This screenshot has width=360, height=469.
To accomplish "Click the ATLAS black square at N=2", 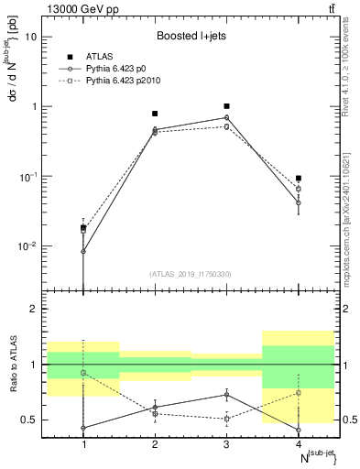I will click(x=155, y=114).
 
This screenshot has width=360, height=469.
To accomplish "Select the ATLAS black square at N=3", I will click(x=227, y=106).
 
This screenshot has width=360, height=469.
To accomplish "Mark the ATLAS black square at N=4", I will click(x=299, y=178).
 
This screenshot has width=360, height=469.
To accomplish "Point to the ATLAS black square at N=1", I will click(x=83, y=227).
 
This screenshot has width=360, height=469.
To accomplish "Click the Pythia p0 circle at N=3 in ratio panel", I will click(x=227, y=395).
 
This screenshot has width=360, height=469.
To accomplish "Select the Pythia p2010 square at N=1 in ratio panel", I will click(x=83, y=373).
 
